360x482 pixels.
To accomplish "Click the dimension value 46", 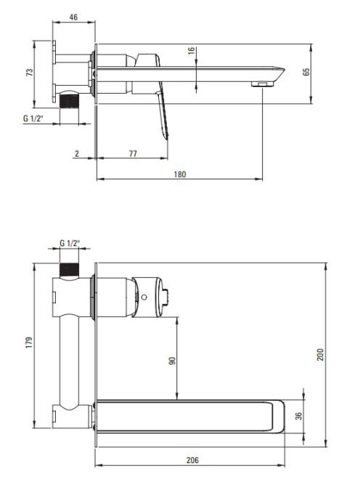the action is [x=73, y=17].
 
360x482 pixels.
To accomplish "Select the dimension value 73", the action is [x=30, y=73].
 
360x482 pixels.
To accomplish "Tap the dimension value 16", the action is [x=191, y=51].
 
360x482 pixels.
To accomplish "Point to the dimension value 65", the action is [x=306, y=73].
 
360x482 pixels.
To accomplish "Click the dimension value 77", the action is [x=133, y=153].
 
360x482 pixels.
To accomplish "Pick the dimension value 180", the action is [x=180, y=174].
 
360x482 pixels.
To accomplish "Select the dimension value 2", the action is [x=77, y=153].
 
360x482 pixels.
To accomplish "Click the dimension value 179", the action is [x=29, y=343].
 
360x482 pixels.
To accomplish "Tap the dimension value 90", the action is [x=173, y=361].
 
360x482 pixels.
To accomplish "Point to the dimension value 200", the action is [x=320, y=355].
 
